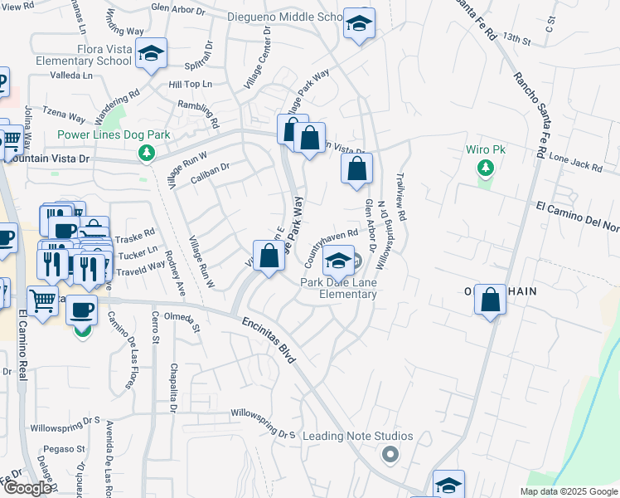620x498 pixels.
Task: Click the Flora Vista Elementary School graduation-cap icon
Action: click(152, 54)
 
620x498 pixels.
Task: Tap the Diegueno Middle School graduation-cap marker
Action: click(360, 24)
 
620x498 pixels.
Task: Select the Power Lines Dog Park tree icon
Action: click(147, 153)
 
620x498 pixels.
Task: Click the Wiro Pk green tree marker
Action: click(485, 169)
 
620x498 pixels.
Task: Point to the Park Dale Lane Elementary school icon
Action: click(337, 261)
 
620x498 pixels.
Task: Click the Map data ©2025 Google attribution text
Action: click(568, 491)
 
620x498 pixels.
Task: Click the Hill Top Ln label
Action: click(191, 85)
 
